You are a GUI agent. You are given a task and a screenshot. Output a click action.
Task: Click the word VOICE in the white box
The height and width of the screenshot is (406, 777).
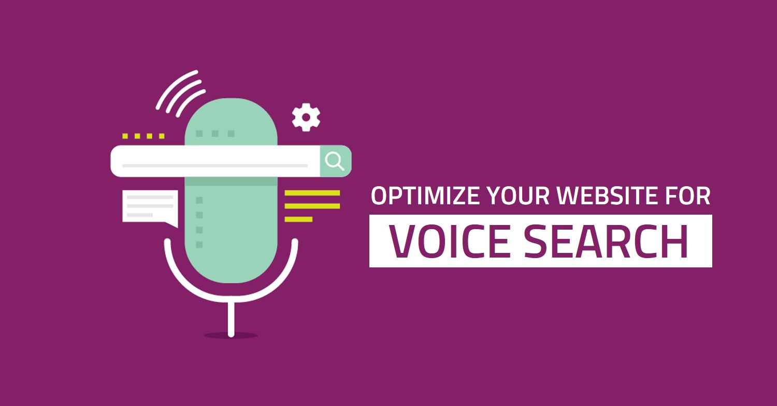click(x=450, y=241)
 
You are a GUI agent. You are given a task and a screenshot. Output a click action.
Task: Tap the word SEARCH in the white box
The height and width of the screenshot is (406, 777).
click(x=606, y=241)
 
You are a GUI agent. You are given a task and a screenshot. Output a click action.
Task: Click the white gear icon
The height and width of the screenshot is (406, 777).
click(x=306, y=117)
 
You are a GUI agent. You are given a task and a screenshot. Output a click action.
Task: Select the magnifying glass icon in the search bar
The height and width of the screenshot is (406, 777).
click(x=335, y=161)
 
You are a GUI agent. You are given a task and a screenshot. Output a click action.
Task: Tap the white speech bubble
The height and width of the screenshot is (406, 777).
click(x=150, y=208)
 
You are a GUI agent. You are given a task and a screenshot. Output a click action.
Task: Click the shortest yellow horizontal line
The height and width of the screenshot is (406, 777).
click(x=299, y=219)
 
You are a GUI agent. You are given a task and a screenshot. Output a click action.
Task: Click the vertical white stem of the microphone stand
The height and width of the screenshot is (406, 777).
click(x=231, y=319)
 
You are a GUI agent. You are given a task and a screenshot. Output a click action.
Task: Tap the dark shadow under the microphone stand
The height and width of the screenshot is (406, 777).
click(x=231, y=335)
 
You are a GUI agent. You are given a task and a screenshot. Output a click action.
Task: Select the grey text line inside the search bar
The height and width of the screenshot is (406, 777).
click(x=215, y=166)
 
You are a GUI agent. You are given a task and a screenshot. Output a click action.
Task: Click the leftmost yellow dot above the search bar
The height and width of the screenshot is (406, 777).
click(x=125, y=136)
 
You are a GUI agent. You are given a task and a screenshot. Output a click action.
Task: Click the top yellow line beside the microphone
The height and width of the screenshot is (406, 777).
click(x=312, y=193)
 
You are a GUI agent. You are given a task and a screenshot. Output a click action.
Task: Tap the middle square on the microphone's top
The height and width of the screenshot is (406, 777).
click(x=215, y=134)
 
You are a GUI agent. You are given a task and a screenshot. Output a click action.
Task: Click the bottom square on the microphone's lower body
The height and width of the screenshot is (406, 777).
click(x=199, y=245)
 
